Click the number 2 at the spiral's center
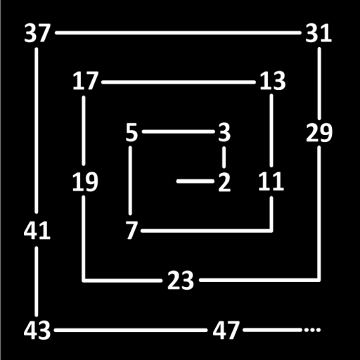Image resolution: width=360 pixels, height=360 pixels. coord(224,182)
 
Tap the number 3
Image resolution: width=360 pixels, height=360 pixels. coord(224,133)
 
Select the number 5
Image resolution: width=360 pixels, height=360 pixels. coord(131,133)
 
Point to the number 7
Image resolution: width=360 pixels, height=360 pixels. coord(131,231)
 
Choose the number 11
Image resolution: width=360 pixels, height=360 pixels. coord(271,181)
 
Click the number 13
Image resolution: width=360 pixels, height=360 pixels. coord(273,81)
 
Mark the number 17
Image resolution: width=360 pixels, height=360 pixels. coord(85,81)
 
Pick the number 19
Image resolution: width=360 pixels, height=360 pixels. coord(85,181)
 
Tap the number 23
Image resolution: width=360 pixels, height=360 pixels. coord(181,281)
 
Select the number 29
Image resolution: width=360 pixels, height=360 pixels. coord(319,133)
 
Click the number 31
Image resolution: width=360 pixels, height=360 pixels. coord(319,34)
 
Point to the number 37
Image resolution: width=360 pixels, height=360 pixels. coord(37,33)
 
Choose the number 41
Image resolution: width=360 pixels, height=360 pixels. coord(37,231)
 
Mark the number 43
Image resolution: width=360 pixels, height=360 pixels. coord(37,330)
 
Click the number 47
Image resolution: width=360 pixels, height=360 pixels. coord(226,330)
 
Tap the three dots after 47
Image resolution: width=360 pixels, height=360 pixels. coord(312,330)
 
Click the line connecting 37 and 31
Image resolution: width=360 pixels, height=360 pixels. coord(178,33)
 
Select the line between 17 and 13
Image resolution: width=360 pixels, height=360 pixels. coord(179,82)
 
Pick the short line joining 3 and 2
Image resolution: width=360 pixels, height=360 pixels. coord(224,157)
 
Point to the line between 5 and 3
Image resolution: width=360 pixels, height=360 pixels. coord(178,131)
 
